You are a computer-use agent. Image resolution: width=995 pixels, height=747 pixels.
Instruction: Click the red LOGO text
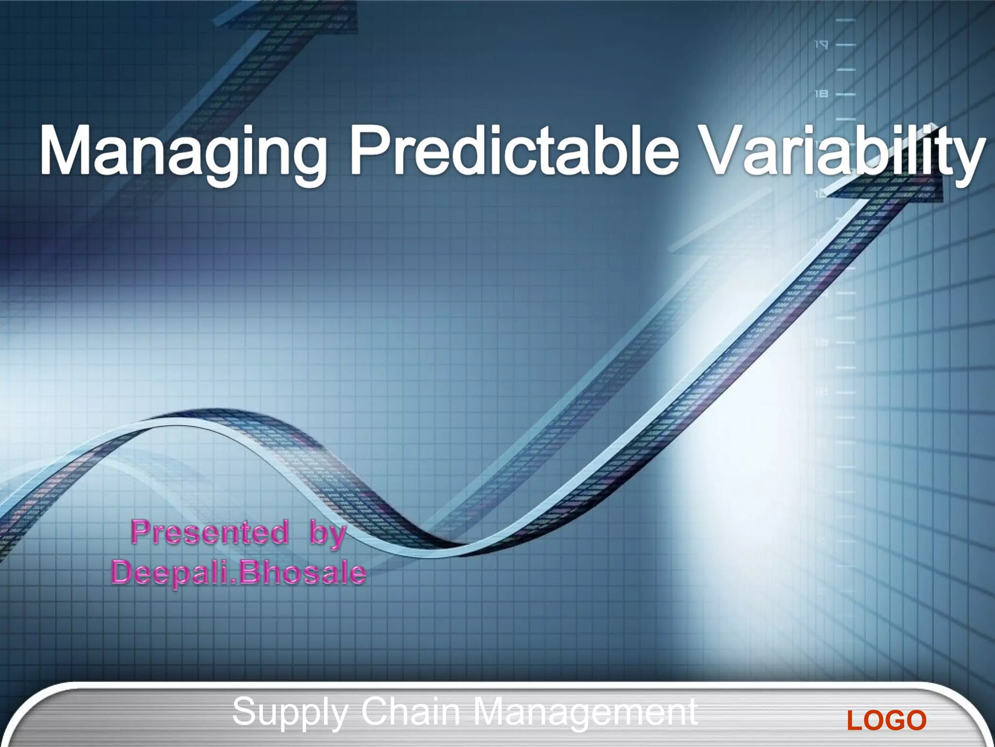point(887,720)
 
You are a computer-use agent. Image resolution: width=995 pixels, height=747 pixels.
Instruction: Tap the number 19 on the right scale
point(821,45)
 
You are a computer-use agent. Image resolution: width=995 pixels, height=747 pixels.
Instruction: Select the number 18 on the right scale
point(821,93)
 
